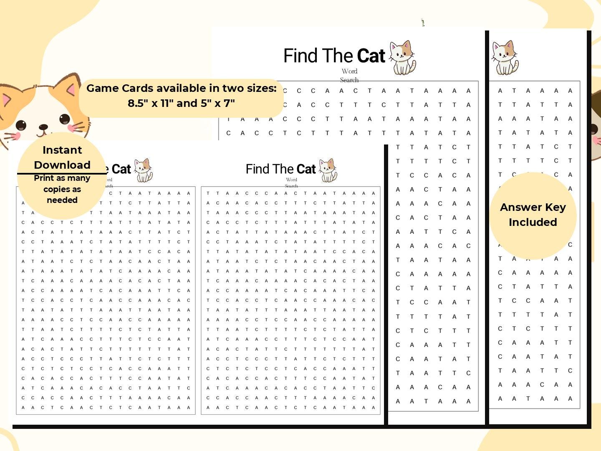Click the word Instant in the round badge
(62, 150)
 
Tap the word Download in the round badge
(62, 165)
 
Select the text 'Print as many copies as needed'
(62, 189)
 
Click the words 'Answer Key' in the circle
(533, 208)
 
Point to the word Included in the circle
(533, 222)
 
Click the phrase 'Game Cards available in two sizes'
(181, 88)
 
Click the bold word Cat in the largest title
(371, 56)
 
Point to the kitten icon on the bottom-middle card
(328, 170)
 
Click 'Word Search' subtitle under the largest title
(349, 76)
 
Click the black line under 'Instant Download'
(62, 173)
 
